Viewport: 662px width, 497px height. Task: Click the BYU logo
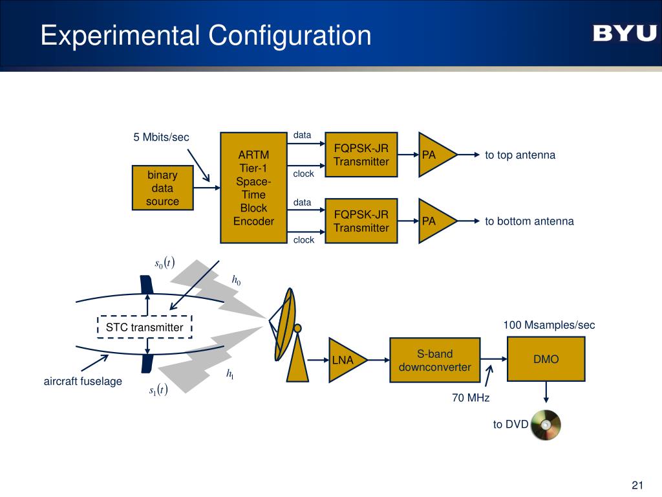tap(624, 34)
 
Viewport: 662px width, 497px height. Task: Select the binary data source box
tap(163, 188)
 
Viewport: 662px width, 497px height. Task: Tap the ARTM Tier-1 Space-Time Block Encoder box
tap(253, 188)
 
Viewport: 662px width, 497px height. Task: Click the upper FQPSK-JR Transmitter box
tap(361, 155)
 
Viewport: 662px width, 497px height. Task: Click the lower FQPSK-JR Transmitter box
tap(361, 221)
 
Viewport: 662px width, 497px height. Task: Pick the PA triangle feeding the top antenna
tap(434, 155)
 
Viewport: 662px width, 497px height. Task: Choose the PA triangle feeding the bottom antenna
tap(434, 221)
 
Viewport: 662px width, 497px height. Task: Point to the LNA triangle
tap(345, 359)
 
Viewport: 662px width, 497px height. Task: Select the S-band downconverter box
tap(434, 360)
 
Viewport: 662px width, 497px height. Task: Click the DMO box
tap(546, 359)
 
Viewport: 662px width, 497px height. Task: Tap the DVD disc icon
tap(546, 425)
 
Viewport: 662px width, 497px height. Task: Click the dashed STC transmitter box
tap(145, 327)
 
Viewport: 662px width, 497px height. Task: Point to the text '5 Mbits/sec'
tap(161, 137)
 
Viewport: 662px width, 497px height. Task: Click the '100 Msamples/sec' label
tap(549, 325)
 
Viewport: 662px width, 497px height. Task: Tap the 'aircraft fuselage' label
tap(83, 381)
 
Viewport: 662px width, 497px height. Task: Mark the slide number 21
tap(637, 486)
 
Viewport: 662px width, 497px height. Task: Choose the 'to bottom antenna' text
tap(529, 221)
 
